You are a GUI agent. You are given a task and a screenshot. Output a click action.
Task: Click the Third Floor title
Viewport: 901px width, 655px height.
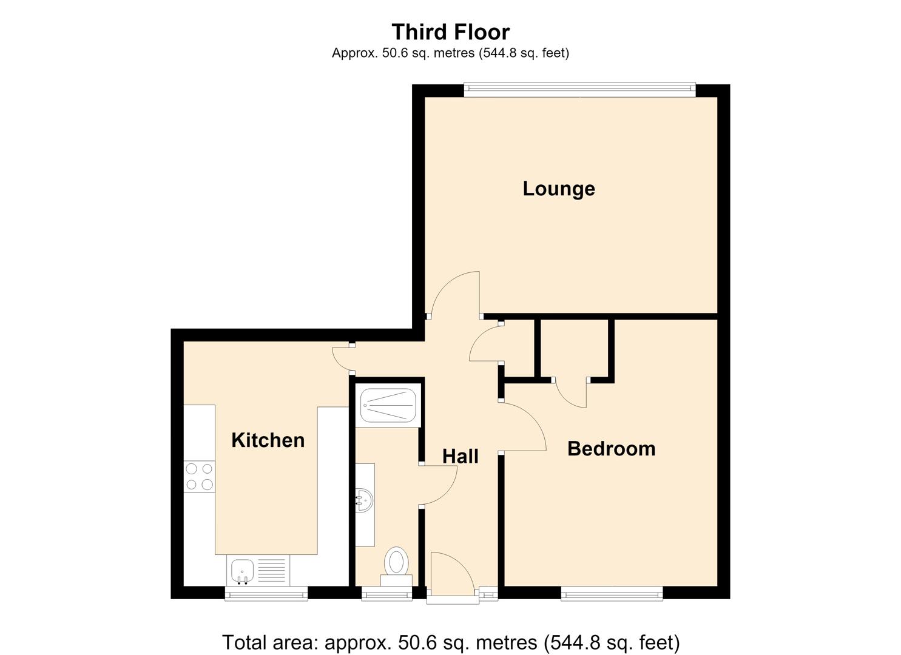coord(450,32)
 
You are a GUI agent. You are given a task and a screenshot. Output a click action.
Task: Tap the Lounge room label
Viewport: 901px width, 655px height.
coord(559,189)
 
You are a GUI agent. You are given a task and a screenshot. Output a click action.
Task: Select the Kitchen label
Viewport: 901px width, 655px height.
coord(268,440)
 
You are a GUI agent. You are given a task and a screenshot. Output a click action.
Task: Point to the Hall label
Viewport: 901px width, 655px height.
coord(460,456)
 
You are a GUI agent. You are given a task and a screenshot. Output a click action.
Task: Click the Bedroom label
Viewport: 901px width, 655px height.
coord(612,449)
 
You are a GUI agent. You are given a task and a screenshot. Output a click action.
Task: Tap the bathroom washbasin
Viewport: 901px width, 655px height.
coord(365,500)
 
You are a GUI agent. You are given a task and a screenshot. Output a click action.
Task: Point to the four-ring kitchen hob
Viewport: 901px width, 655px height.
coord(200,477)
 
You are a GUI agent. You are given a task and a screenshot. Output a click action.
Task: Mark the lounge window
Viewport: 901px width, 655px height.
coord(579,90)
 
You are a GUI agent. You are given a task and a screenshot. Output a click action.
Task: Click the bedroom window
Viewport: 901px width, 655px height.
coord(612,593)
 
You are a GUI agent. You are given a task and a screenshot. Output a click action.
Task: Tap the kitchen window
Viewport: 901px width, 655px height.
coord(266,593)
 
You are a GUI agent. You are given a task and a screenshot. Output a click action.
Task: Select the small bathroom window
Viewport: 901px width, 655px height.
coord(386,593)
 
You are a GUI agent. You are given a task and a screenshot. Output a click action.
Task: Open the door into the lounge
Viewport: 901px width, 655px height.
coord(454,294)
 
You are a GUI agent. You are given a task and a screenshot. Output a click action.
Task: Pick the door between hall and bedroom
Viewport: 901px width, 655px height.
coord(522,427)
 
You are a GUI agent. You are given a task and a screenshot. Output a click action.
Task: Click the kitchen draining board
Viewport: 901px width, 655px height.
coord(273,570)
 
